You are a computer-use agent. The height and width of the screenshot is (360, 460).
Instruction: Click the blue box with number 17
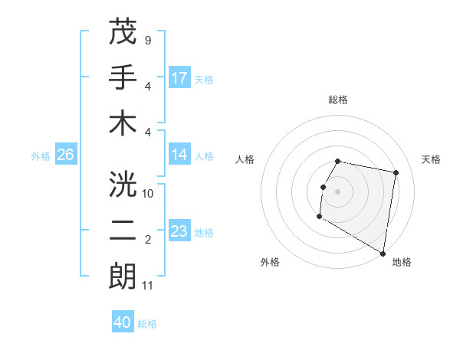click(x=179, y=77)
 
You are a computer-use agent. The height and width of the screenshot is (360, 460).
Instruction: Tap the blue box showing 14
click(x=179, y=155)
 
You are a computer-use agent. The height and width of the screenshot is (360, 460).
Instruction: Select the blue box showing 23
click(x=179, y=231)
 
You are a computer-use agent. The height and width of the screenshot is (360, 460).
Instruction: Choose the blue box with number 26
click(x=65, y=155)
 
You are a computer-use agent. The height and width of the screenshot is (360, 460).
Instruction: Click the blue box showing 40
click(x=123, y=323)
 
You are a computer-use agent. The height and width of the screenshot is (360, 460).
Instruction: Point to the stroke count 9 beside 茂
click(x=148, y=39)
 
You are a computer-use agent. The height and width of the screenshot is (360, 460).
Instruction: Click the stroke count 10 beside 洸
click(x=148, y=193)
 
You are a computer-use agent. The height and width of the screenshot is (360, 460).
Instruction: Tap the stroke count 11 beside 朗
click(x=148, y=286)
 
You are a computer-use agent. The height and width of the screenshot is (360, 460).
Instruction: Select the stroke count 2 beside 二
click(x=148, y=240)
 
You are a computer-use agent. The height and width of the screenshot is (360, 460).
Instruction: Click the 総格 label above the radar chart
click(x=338, y=100)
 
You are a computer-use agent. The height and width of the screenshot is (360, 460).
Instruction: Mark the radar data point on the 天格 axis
click(x=396, y=174)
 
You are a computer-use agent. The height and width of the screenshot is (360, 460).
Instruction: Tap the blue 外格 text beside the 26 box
click(x=41, y=156)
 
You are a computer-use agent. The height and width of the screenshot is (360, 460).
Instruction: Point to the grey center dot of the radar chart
click(x=338, y=191)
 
